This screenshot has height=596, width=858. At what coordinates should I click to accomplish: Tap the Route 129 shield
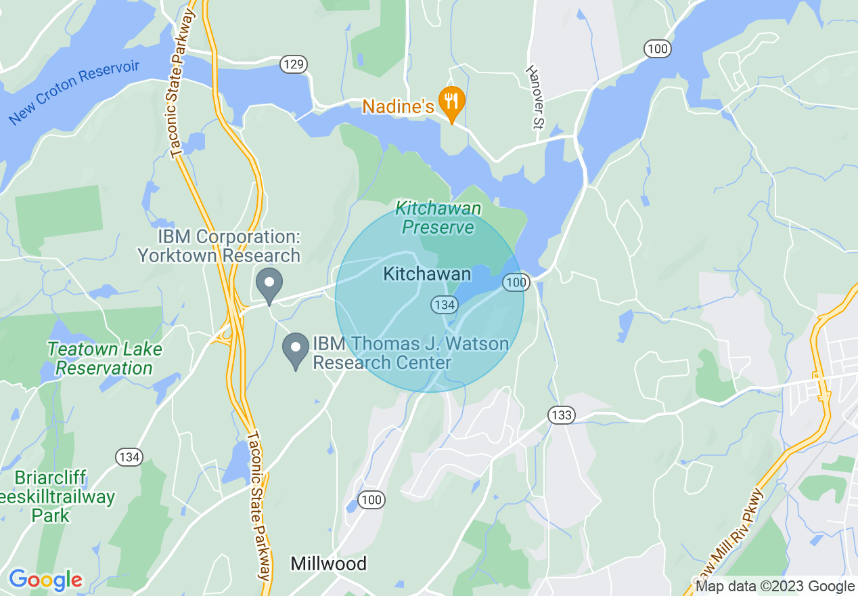coord(294,64)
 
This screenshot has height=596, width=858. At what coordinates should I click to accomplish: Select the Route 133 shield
coord(562,415)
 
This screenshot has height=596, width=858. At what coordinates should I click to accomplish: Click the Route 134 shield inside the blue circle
coord(444,305)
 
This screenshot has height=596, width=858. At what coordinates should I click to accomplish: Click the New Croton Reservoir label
coord(74,92)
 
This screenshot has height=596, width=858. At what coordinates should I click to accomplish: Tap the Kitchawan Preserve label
coord(438,217)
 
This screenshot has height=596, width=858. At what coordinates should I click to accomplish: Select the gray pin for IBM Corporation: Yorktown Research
coord(269,285)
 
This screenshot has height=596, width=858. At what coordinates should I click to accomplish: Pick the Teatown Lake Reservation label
coord(104,359)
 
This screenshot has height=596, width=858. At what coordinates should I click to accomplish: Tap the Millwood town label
coord(328,563)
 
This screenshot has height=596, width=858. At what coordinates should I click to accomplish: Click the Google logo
coord(45,580)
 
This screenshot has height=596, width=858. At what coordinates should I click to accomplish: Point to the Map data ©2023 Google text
coord(775,587)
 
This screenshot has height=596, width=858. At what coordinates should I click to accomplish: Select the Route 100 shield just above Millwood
coord(371,501)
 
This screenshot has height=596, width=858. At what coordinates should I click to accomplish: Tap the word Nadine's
coord(398,106)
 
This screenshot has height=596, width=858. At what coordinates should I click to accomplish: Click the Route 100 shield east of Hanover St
coord(657,48)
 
